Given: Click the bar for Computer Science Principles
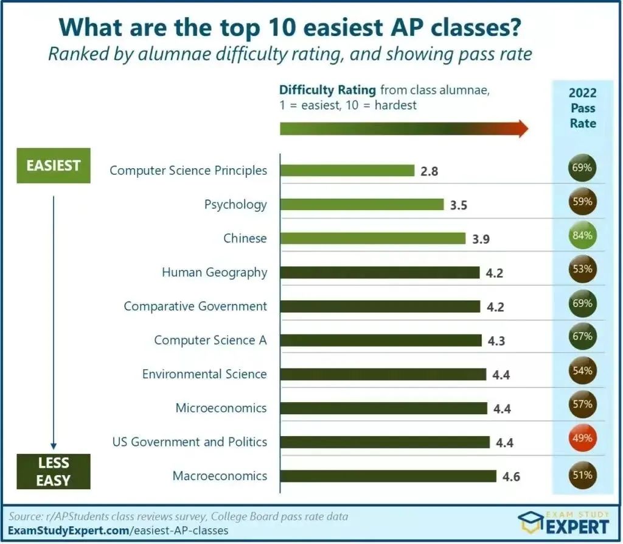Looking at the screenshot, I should click(347, 170).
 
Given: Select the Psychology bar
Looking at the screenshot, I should click(362, 205).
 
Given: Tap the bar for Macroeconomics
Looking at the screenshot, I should click(388, 476).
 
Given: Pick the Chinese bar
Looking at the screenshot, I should click(372, 238).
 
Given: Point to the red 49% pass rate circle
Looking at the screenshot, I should click(582, 437).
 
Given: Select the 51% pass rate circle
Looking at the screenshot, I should click(582, 475).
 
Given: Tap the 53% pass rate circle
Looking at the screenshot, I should click(582, 268).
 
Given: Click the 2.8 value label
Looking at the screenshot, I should click(429, 171).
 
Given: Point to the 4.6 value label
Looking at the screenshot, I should click(512, 476).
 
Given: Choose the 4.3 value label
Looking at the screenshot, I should click(496, 341).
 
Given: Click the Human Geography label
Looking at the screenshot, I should click(214, 272).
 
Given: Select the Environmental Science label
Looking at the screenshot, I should click(204, 373).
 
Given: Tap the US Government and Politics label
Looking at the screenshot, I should click(190, 442).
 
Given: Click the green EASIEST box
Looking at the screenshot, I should click(54, 165).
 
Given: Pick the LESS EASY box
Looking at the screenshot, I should click(54, 471).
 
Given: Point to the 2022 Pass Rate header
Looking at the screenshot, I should click(582, 108).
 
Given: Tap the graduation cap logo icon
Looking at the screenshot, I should click(531, 523).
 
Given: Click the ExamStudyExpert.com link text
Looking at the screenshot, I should click(68, 531).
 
